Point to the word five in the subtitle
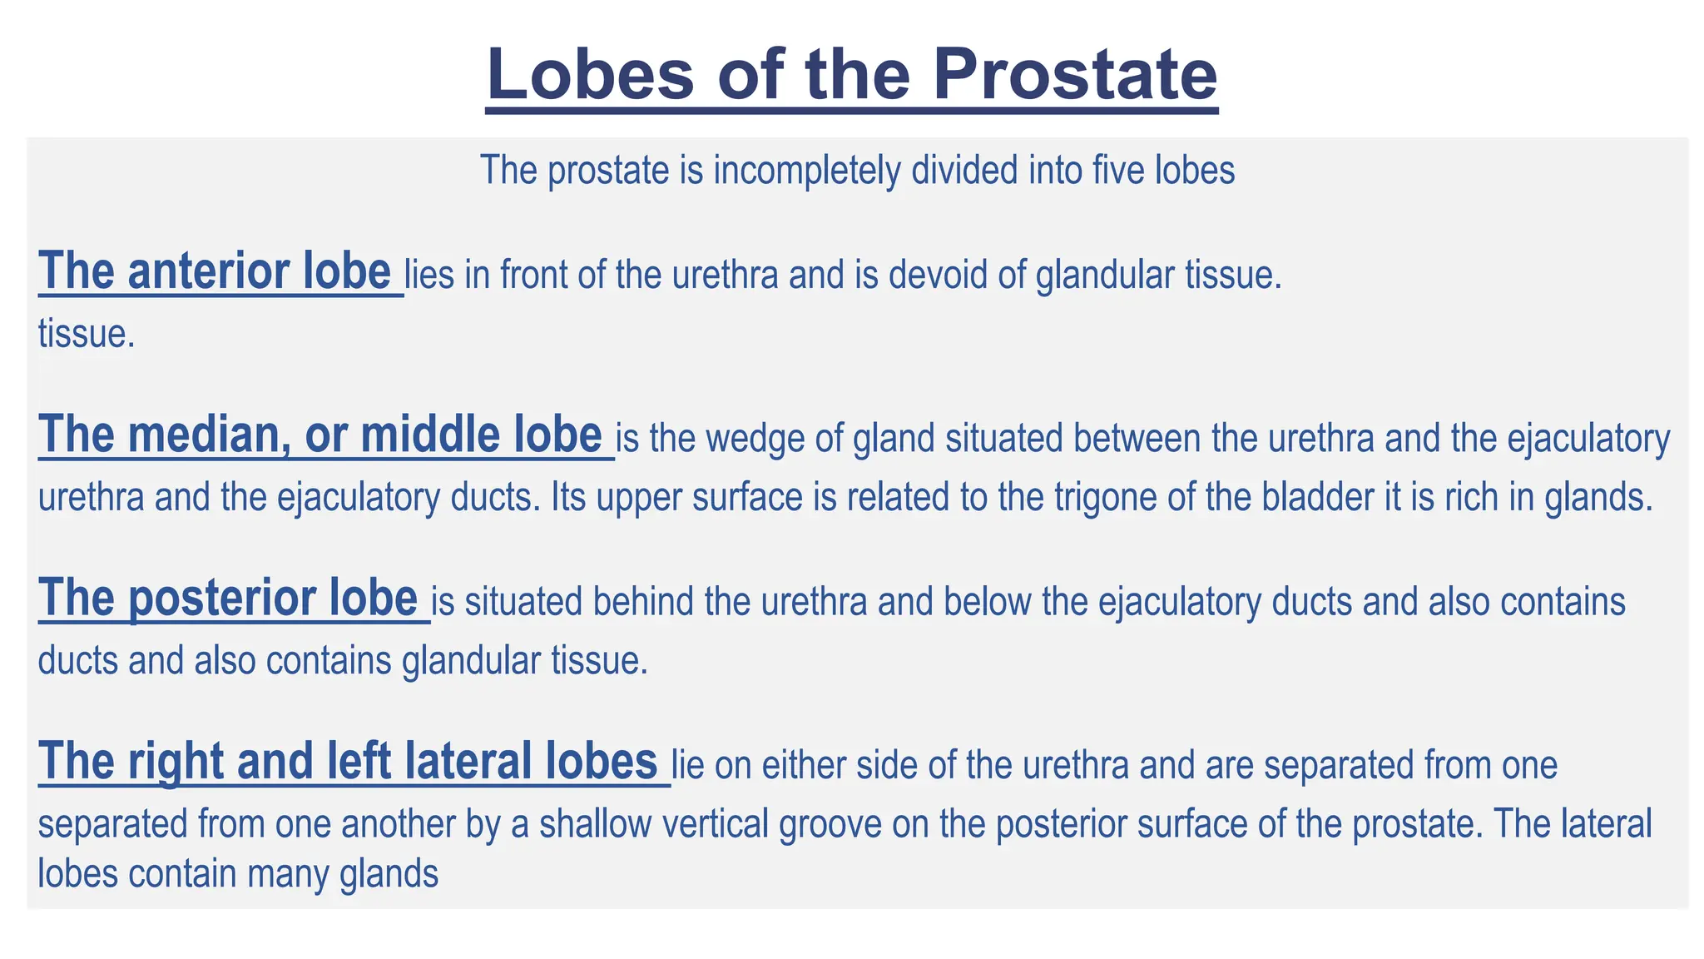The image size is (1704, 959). (1119, 171)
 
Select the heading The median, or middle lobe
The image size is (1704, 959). (320, 435)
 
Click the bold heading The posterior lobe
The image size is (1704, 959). (228, 598)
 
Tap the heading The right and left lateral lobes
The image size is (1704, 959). (349, 761)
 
